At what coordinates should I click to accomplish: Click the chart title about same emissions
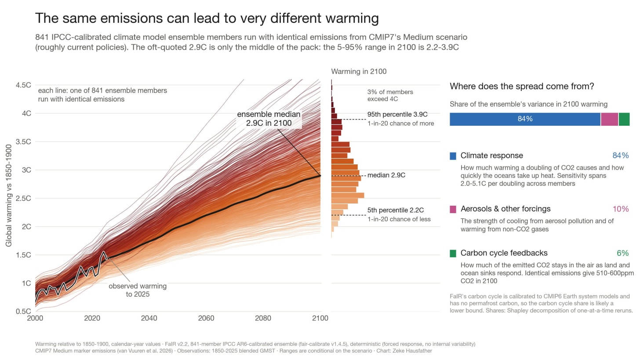click(x=207, y=18)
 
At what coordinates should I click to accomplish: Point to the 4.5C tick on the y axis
click(x=23, y=85)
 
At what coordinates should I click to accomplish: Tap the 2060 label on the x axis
click(x=206, y=318)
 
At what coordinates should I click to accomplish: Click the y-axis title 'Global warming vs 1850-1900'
click(x=9, y=196)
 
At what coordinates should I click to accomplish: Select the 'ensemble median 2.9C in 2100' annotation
click(x=269, y=119)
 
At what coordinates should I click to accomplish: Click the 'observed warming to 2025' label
click(x=138, y=290)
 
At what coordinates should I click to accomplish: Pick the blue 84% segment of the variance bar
click(x=525, y=119)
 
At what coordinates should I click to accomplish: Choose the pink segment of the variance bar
click(x=609, y=119)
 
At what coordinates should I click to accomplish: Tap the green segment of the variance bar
click(x=624, y=119)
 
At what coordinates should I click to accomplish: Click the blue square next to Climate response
click(x=453, y=156)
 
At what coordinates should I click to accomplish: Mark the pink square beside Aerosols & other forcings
click(x=453, y=209)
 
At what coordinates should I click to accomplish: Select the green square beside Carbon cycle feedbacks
click(x=453, y=254)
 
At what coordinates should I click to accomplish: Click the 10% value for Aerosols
click(x=621, y=209)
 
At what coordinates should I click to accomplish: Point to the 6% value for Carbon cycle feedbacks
click(x=622, y=253)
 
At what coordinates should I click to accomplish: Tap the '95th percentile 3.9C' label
click(x=397, y=114)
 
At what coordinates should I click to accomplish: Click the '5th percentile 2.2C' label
click(x=396, y=210)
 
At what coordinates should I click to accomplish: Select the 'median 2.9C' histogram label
click(x=386, y=175)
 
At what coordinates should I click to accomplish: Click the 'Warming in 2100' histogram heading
click(x=359, y=71)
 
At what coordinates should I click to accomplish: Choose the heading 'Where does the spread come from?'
click(x=522, y=86)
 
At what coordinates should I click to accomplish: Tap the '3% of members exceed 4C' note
click(x=390, y=95)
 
